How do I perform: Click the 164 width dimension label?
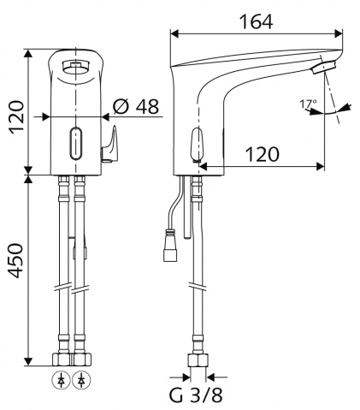pos(256,21)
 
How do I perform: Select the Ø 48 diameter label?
pos(135,107)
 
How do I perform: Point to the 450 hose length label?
pos(15,261)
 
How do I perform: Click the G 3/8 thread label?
pos(196,395)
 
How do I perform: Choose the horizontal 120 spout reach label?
pos(263,154)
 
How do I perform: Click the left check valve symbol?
pos(61,381)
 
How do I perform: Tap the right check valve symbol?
pos(81,381)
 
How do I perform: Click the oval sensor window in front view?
pos(76,143)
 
